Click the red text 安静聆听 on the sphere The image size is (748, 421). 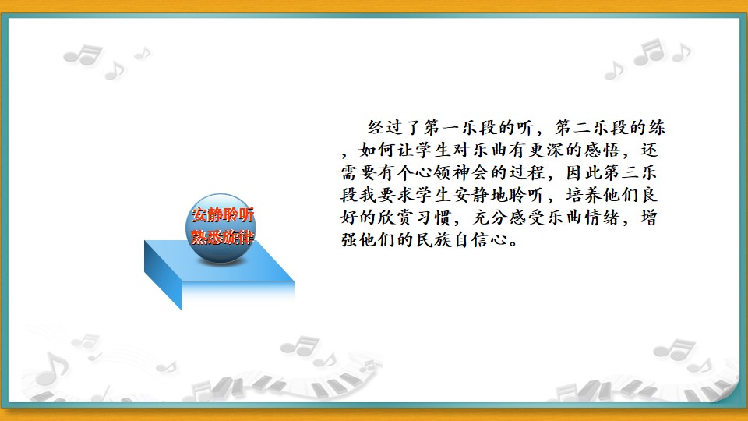coord(223,215)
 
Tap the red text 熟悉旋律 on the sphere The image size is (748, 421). coord(223,237)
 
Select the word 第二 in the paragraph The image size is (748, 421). coord(573,127)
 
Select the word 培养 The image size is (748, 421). coord(584,195)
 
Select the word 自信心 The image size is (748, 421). coord(481,239)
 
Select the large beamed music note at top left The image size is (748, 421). coord(84,55)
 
